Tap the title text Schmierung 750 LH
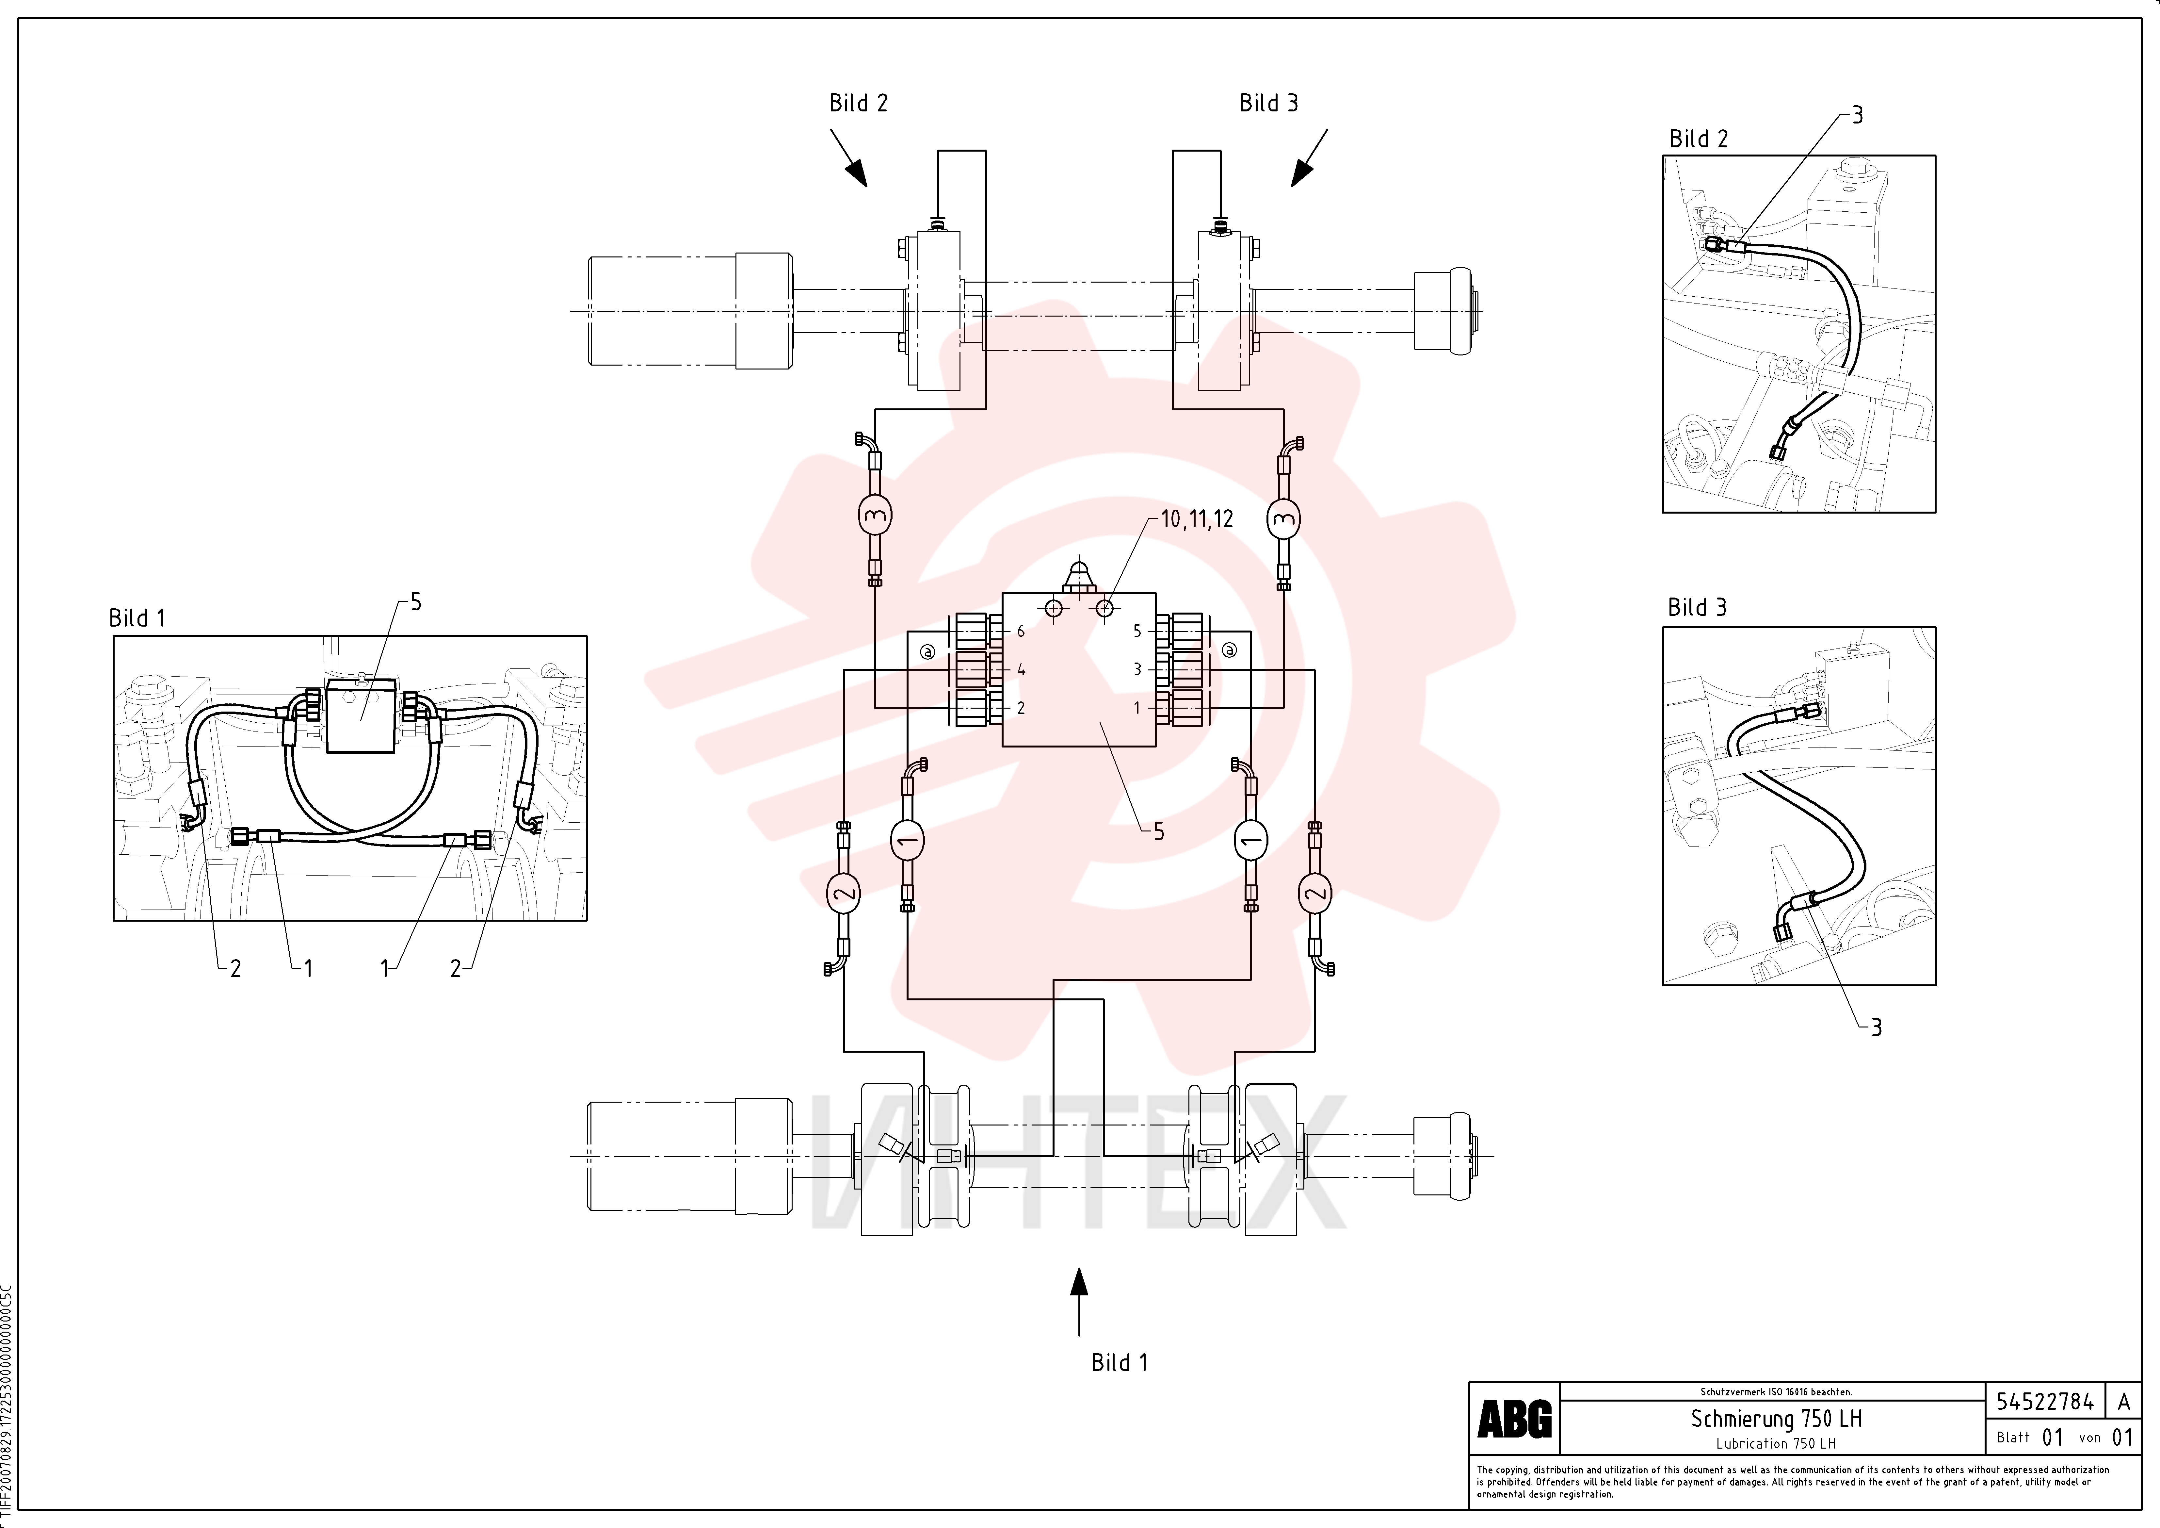[1776, 1418]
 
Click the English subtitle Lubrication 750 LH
[1776, 1443]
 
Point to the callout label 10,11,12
[1197, 519]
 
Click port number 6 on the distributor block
[1021, 631]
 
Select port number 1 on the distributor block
[1136, 708]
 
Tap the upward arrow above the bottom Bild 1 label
[1079, 1301]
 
